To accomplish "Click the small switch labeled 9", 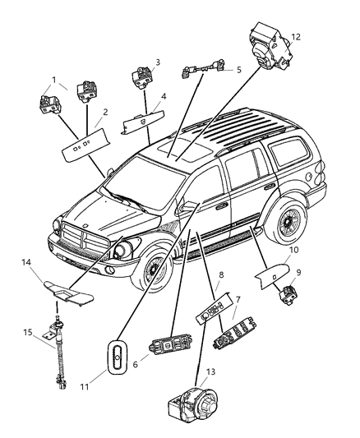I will pyautogui.click(x=289, y=293).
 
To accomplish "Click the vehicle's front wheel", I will pyautogui.click(x=153, y=273).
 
